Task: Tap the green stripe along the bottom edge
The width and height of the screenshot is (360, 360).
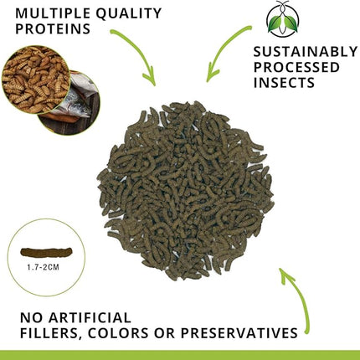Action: coord(180,354)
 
